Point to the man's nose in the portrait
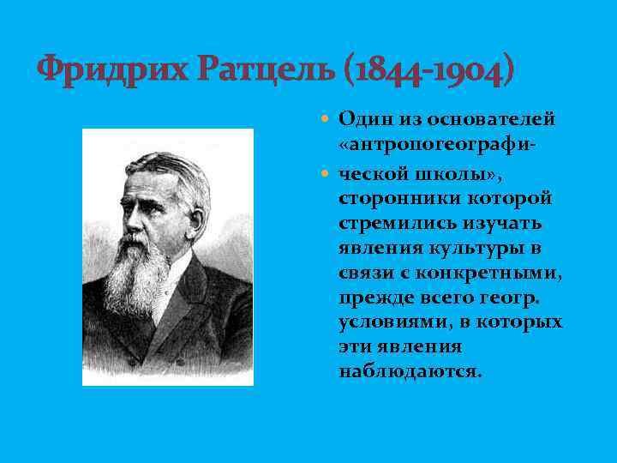click(x=135, y=219)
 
